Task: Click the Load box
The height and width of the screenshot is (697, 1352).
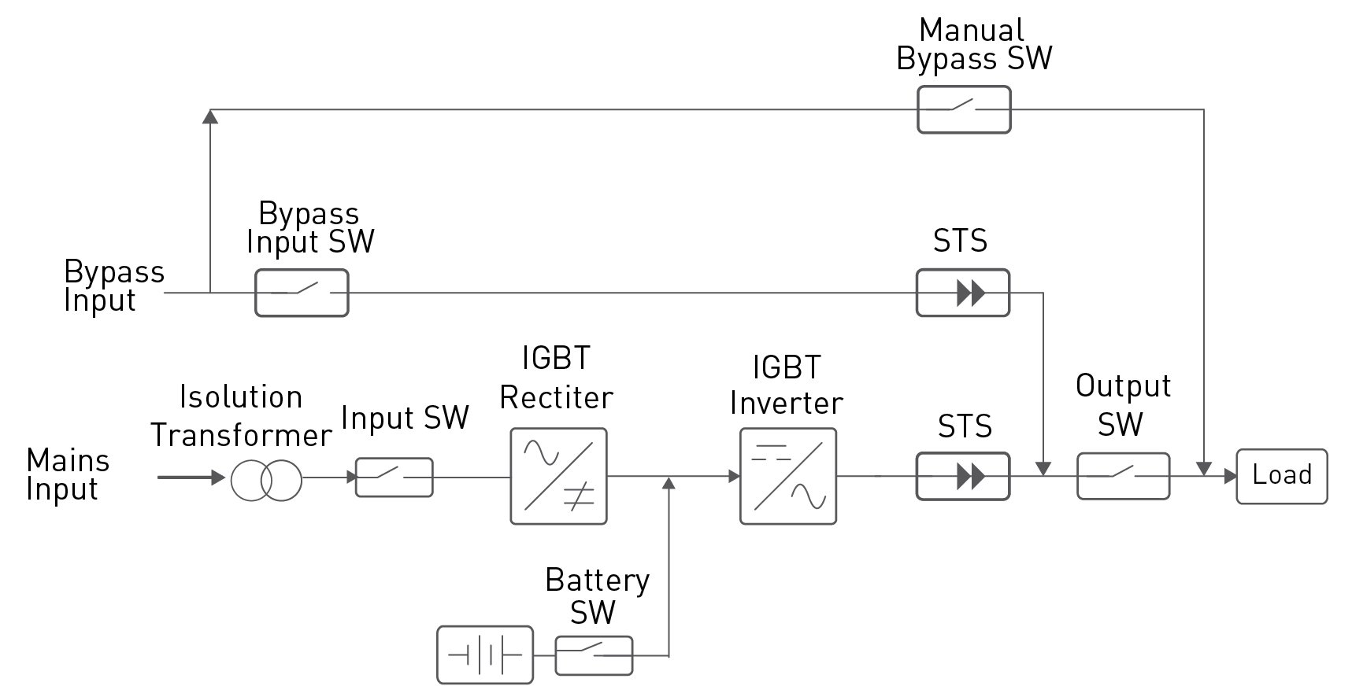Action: click(x=1281, y=476)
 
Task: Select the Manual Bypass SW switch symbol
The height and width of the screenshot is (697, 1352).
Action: click(x=964, y=109)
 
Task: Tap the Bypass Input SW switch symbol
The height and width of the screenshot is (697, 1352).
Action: click(x=302, y=293)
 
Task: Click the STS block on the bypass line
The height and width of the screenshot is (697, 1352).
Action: click(x=962, y=293)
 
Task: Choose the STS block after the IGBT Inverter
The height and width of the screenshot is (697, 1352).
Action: click(x=962, y=476)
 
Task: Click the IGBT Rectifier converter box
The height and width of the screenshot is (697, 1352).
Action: click(x=558, y=476)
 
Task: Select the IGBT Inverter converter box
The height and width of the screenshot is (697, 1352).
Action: click(x=787, y=476)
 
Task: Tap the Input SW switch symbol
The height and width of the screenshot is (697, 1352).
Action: click(x=394, y=477)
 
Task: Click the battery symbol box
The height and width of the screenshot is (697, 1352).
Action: click(x=485, y=655)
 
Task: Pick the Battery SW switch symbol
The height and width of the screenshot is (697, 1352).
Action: click(x=594, y=655)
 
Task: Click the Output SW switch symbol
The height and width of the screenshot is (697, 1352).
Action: click(x=1123, y=476)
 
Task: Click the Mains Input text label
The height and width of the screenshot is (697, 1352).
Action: click(x=67, y=474)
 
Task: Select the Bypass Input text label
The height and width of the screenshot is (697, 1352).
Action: click(x=113, y=286)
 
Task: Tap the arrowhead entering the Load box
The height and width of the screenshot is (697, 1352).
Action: click(x=1229, y=476)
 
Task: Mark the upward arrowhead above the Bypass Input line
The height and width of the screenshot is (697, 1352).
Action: click(x=210, y=116)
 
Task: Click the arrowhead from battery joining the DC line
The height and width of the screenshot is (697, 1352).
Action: click(x=669, y=482)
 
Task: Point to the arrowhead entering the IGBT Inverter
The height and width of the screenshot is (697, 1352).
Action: click(x=734, y=476)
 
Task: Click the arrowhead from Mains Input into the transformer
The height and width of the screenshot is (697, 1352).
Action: click(x=219, y=478)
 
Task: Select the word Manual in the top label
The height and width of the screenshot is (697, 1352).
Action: click(x=971, y=31)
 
